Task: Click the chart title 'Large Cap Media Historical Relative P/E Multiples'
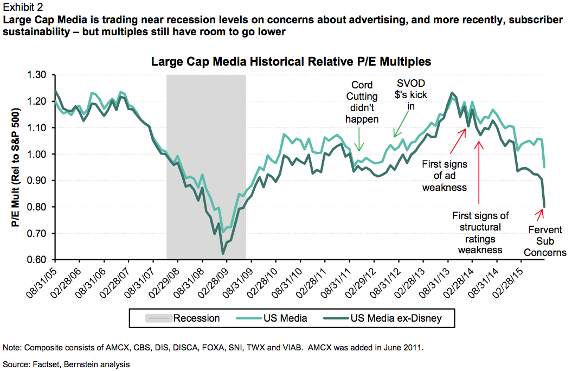pos(291,62)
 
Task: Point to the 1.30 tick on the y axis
pos(37,75)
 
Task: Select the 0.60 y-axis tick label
pos(37,260)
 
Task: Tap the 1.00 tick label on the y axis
pos(37,154)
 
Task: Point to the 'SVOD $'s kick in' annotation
pos(410,95)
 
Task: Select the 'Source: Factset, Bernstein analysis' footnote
pos(67,364)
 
